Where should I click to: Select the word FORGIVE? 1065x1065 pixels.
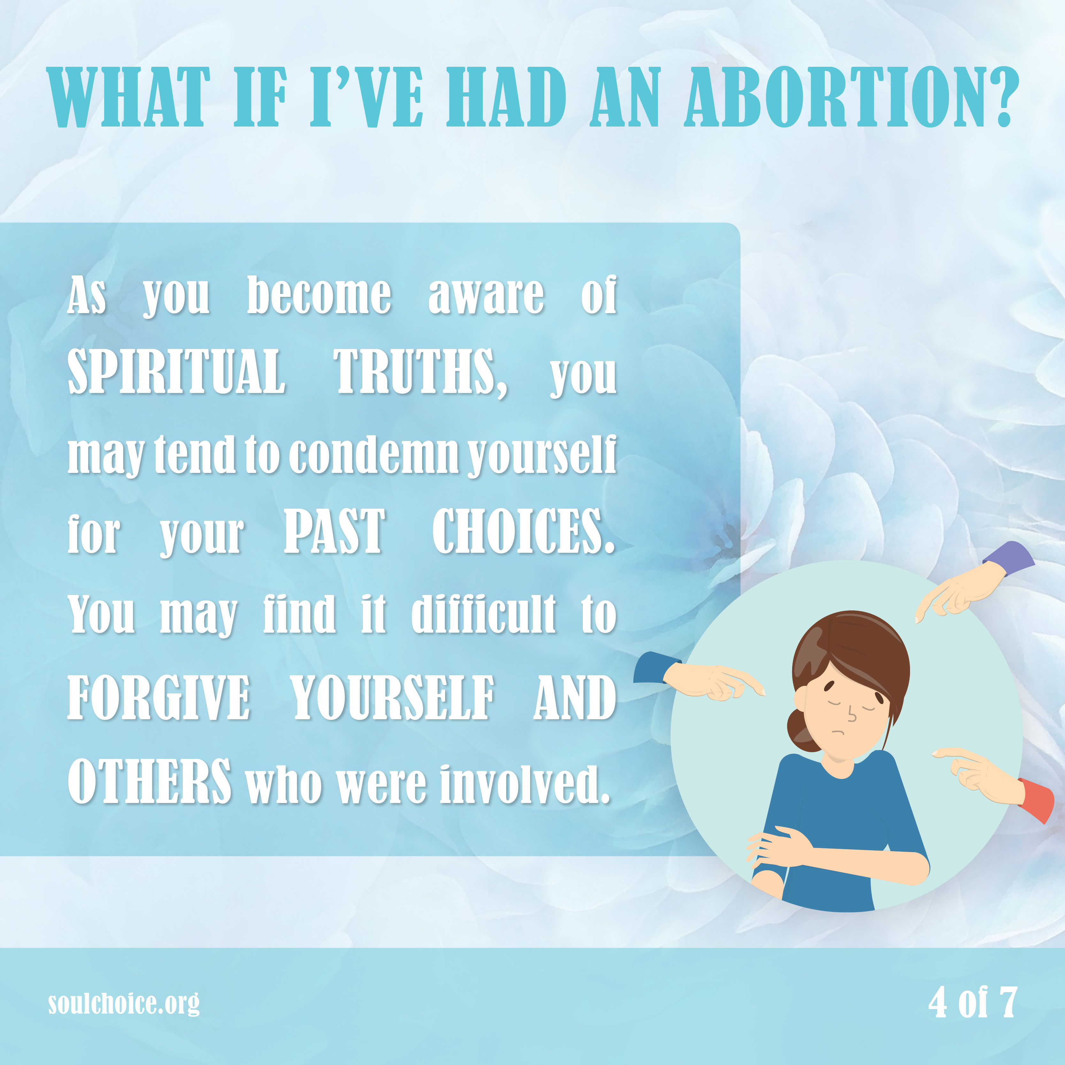[x=159, y=697]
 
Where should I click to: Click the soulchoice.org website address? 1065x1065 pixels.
[x=124, y=1003]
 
